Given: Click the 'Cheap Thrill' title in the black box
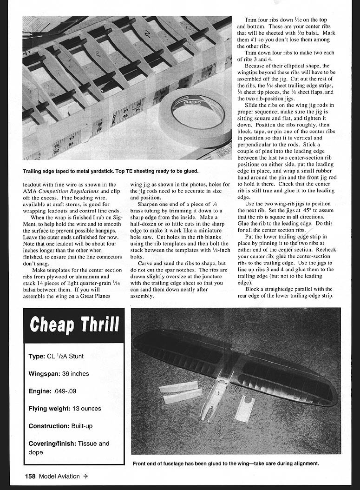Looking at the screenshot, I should tap(74, 325).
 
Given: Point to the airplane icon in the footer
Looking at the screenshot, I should tap(85, 476).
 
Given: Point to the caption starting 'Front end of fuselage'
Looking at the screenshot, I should tap(226, 464).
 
